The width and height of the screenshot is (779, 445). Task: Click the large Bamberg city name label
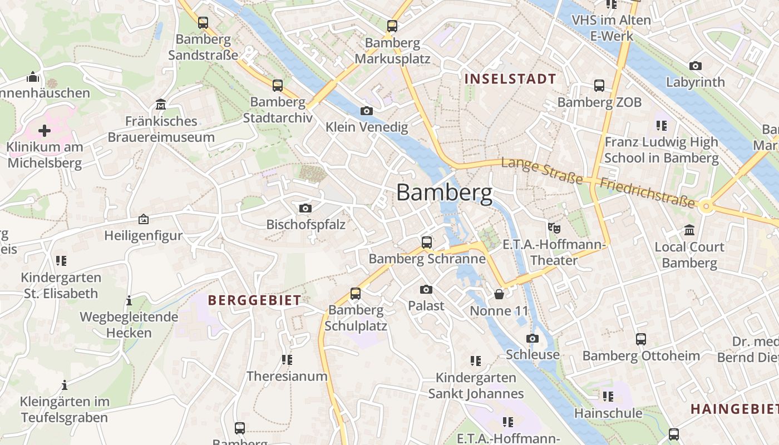pos(444,192)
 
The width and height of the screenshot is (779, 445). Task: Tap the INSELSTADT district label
pos(510,79)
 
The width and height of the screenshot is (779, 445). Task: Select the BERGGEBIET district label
pos(254,300)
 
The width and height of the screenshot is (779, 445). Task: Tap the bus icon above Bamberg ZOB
pos(599,86)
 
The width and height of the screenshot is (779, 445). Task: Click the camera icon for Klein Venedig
pos(366,111)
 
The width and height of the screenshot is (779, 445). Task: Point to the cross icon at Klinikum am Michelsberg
pos(45,131)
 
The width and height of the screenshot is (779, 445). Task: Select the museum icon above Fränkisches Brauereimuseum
pos(161,105)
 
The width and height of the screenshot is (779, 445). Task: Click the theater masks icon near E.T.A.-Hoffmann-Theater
pos(553,228)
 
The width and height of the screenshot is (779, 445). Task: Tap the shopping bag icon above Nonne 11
pos(499,294)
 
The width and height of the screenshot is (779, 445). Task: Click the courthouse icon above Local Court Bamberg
pos(689,230)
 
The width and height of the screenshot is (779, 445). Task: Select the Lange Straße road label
pos(542,171)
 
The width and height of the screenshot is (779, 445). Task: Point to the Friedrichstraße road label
pos(647,192)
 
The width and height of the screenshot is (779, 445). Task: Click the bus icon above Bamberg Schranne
pos(427,242)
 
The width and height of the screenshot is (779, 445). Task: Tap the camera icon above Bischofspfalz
pos(305,208)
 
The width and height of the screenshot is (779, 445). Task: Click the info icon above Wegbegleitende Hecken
pos(129,300)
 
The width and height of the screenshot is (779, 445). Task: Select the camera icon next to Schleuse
pos(533,338)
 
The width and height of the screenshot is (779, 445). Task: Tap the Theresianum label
pos(287,376)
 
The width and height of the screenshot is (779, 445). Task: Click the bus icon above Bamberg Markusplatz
pos(392,26)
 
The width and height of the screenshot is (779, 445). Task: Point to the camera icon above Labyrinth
pos(696,66)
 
